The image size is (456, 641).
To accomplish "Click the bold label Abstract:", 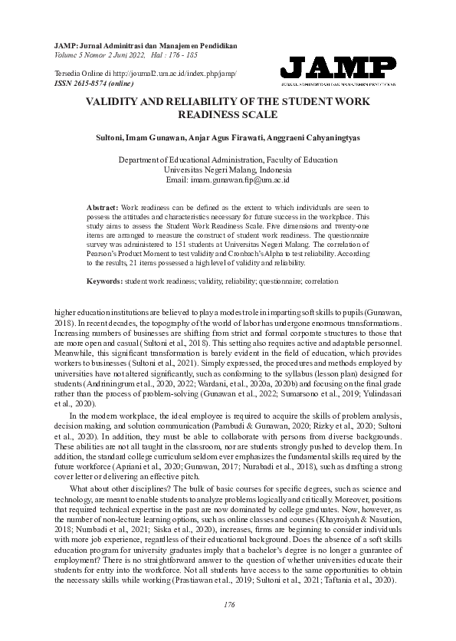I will (x=103, y=207).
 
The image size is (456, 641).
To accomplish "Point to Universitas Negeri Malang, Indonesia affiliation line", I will (x=228, y=169).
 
